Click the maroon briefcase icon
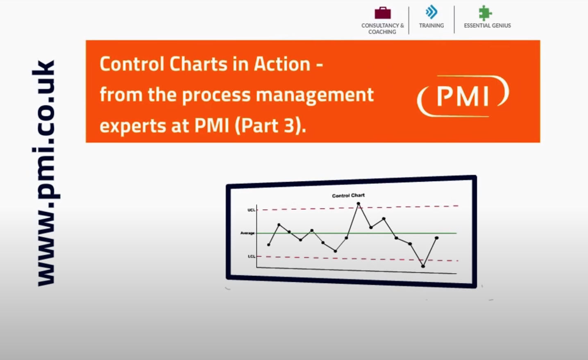tap(382, 13)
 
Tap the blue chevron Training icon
tap(431, 12)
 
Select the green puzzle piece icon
tap(485, 13)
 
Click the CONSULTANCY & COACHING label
tap(382, 28)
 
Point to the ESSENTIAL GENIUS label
tap(487, 25)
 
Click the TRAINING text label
tap(431, 25)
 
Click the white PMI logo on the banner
tap(463, 96)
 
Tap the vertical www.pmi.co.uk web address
tap(44, 173)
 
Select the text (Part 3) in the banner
tap(270, 126)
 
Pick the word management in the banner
tap(315, 95)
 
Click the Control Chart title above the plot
tap(348, 195)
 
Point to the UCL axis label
tap(251, 210)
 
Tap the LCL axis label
tap(251, 256)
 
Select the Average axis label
tap(247, 233)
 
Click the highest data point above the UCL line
tap(358, 204)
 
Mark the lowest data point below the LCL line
tap(423, 266)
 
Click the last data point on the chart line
tap(437, 238)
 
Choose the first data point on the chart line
tap(268, 245)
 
